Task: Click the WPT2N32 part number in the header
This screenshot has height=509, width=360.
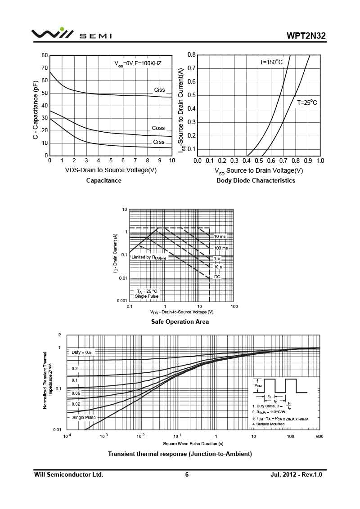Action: pos(306,36)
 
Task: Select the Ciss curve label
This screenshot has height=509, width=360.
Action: pos(159,90)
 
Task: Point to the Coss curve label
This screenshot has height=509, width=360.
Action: pos(158,128)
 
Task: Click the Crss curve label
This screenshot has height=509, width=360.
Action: pos(158,142)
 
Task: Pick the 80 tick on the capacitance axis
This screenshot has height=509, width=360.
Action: pos(45,55)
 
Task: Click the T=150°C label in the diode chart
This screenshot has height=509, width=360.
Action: pos(271,62)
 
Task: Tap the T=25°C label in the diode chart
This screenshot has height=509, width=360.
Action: pos(306,103)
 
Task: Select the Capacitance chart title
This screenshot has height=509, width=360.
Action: pos(103,180)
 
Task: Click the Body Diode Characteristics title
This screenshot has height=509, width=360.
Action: pos(256,180)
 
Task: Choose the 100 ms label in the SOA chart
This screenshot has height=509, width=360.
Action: pos(220,248)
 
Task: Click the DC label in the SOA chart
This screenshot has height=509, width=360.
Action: pos(217,277)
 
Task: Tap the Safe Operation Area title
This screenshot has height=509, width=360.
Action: pos(180,321)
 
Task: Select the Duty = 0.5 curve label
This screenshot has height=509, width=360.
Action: pos(81,353)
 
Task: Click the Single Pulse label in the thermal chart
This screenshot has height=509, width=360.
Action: pos(84,417)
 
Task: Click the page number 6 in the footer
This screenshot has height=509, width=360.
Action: pos(187,474)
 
